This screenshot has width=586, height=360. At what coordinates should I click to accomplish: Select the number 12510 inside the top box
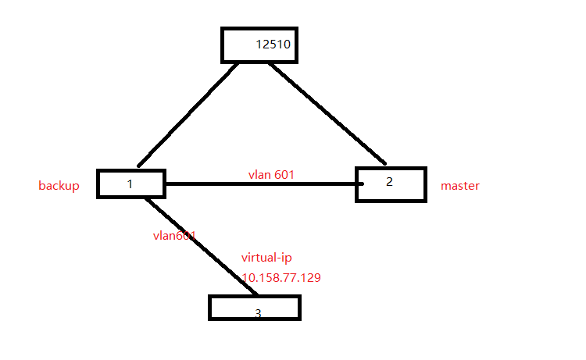pyautogui.click(x=273, y=45)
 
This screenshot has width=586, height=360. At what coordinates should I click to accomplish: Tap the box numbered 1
pyautogui.click(x=130, y=184)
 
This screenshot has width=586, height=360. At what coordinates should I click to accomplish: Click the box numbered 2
pyautogui.click(x=391, y=184)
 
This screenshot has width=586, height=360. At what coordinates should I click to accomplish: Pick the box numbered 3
pyautogui.click(x=254, y=307)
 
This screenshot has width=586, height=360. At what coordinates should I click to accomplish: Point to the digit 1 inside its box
pyautogui.click(x=130, y=184)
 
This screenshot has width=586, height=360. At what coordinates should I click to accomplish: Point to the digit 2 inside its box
pyautogui.click(x=389, y=181)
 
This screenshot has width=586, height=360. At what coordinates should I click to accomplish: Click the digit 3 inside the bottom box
pyautogui.click(x=258, y=313)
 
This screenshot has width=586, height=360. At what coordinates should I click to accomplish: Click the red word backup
pyautogui.click(x=59, y=186)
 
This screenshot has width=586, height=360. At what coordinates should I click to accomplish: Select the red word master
pyautogui.click(x=460, y=186)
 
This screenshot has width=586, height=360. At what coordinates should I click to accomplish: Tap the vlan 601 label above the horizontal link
pyautogui.click(x=271, y=174)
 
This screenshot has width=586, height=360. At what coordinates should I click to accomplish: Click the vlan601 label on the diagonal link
pyautogui.click(x=173, y=234)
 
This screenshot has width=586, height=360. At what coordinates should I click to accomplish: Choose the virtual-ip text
pyautogui.click(x=266, y=257)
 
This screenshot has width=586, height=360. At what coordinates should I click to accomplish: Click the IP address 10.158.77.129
pyautogui.click(x=281, y=277)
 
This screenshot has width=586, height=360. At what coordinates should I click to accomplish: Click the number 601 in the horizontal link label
pyautogui.click(x=284, y=174)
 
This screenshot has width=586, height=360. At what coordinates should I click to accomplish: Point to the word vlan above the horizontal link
pyautogui.click(x=259, y=174)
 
